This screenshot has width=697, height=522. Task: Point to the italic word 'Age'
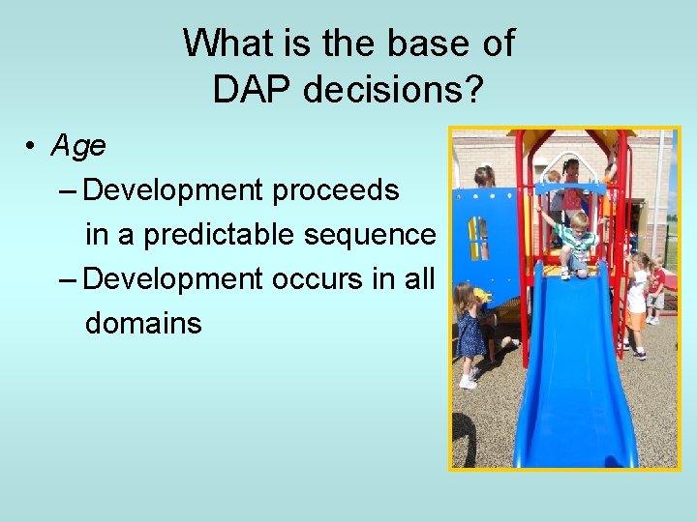78,146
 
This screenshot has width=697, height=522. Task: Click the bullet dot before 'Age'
32,147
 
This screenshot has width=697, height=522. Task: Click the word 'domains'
143,323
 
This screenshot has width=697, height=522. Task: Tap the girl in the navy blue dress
471,329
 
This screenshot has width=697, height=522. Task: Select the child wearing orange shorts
636,304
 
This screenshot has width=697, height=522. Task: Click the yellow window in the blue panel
478,236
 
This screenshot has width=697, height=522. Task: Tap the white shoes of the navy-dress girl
469,382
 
